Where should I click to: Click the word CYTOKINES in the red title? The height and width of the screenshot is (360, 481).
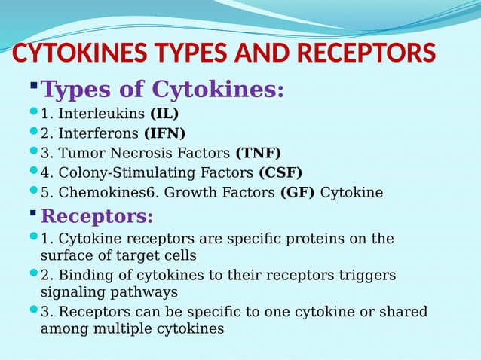click(75, 53)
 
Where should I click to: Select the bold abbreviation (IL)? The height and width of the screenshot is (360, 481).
click(164, 114)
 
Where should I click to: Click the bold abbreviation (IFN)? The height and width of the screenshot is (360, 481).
click(164, 134)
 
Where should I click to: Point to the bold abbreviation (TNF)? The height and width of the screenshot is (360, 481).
click(258, 154)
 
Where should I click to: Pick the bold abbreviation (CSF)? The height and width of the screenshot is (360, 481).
click(280, 173)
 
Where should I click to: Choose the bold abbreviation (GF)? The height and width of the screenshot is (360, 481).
click(298, 193)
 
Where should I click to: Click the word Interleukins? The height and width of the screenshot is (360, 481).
click(102, 114)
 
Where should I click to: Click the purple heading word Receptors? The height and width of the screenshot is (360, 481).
click(97, 217)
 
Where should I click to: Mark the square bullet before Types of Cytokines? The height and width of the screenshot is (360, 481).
click(33, 84)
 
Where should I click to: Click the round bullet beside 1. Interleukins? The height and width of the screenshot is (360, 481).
click(32, 113)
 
